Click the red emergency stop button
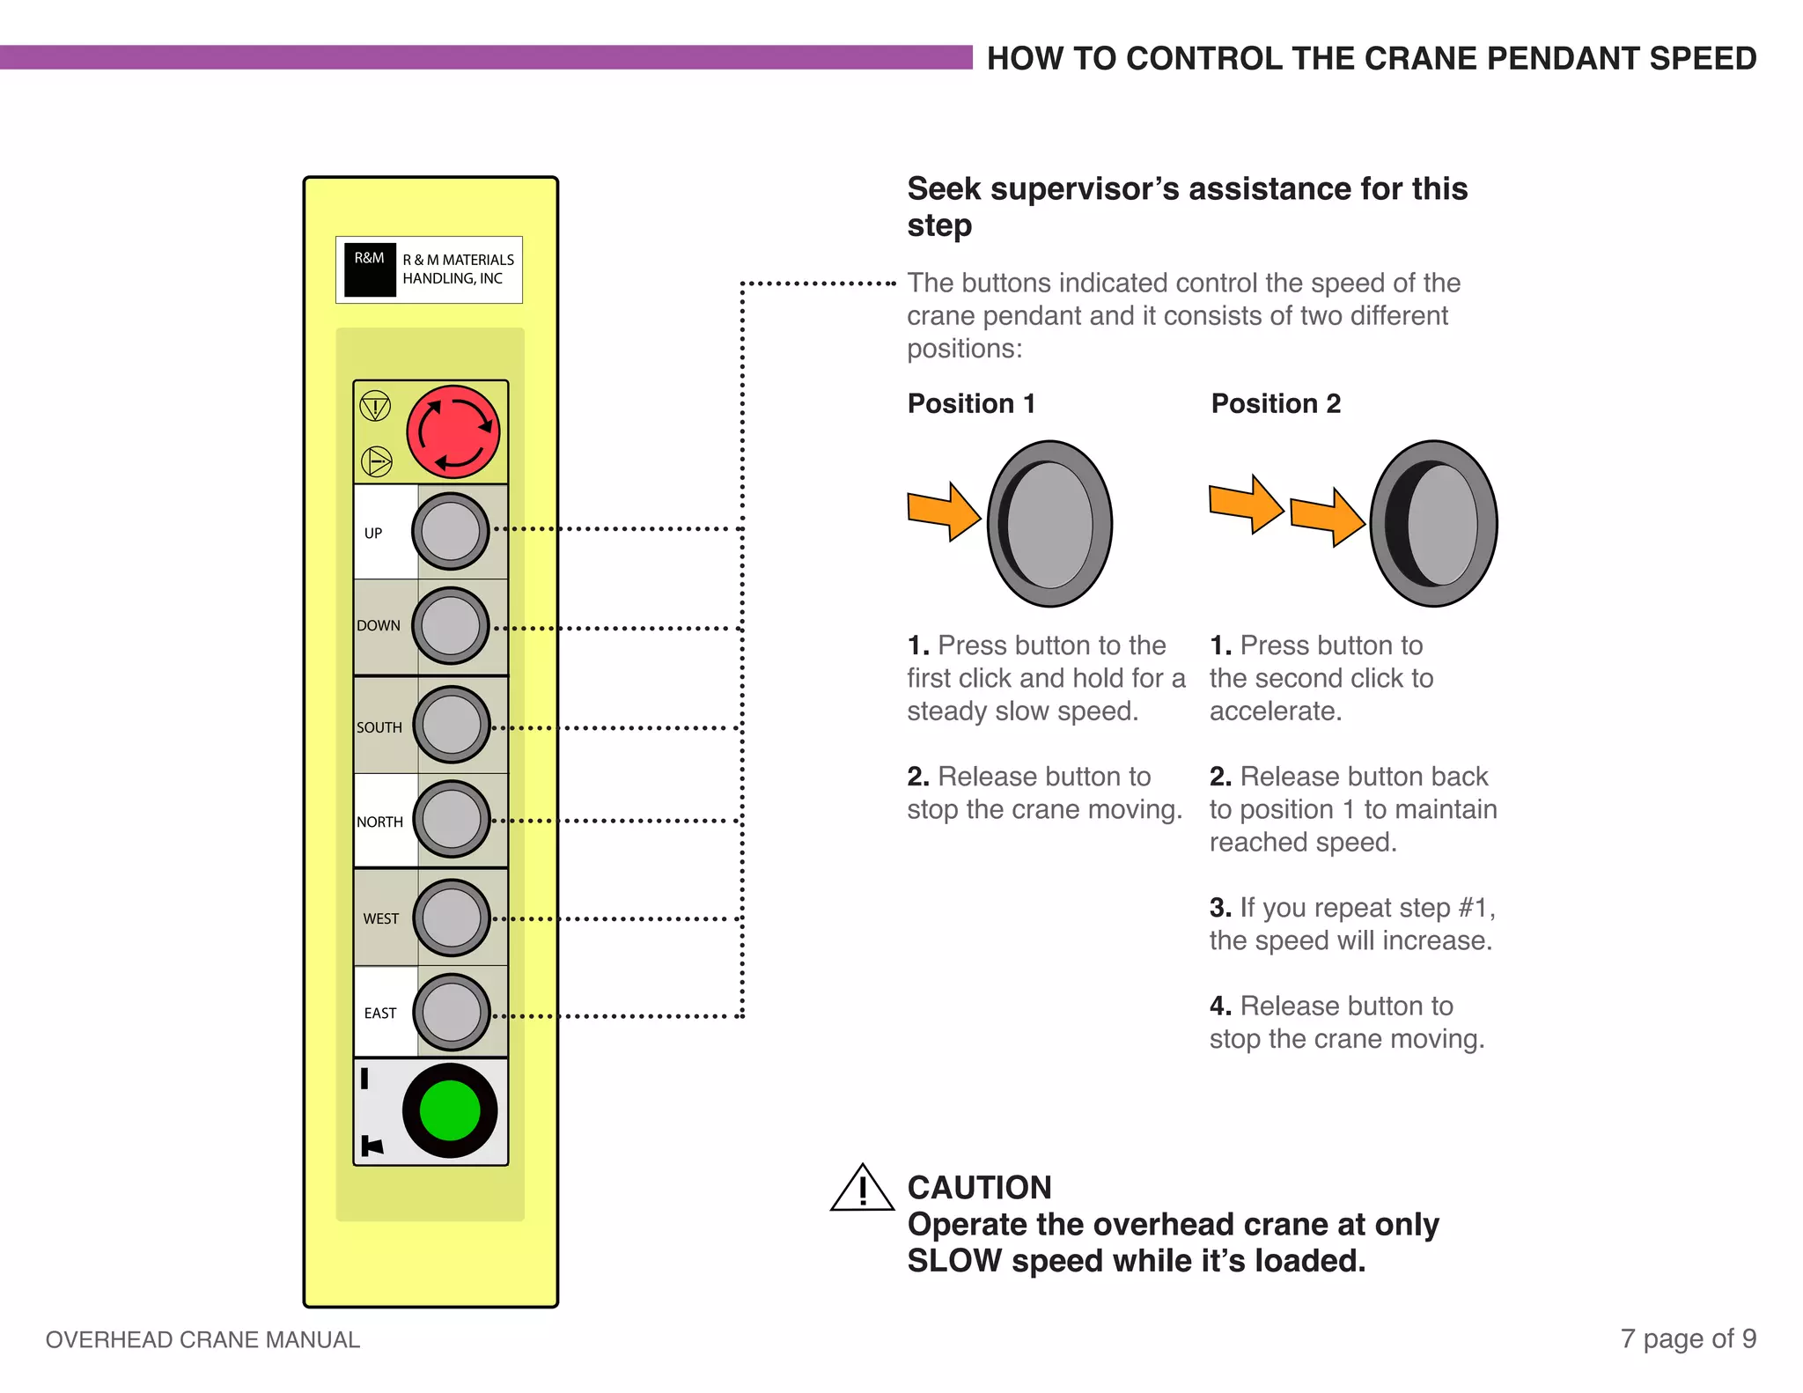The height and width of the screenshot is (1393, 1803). pyautogui.click(x=453, y=431)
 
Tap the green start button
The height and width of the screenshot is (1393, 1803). pyautogui.click(x=450, y=1110)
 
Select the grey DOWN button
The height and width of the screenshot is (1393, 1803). pyautogui.click(x=451, y=626)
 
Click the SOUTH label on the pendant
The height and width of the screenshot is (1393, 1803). pyautogui.click(x=379, y=727)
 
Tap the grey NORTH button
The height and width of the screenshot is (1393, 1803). pyautogui.click(x=452, y=819)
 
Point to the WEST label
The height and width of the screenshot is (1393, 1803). pyautogui.click(x=381, y=918)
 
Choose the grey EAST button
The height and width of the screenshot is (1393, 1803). pyautogui.click(x=451, y=1012)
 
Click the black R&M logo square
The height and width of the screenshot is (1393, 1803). pyautogui.click(x=370, y=269)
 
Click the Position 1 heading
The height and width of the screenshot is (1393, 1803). pyautogui.click(x=971, y=403)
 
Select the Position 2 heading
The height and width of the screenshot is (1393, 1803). pyautogui.click(x=1276, y=403)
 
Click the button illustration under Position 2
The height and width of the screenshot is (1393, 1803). pyautogui.click(x=1433, y=524)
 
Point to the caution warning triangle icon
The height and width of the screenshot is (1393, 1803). pyautogui.click(x=862, y=1189)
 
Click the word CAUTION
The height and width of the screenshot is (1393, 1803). pyautogui.click(x=979, y=1188)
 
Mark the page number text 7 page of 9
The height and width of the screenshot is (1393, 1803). pyautogui.click(x=1688, y=1338)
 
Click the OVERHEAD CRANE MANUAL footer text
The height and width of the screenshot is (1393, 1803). pyautogui.click(x=202, y=1339)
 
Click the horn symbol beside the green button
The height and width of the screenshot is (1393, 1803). pyautogui.click(x=372, y=1146)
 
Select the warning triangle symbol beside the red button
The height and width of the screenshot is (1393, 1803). pyautogui.click(x=376, y=407)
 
